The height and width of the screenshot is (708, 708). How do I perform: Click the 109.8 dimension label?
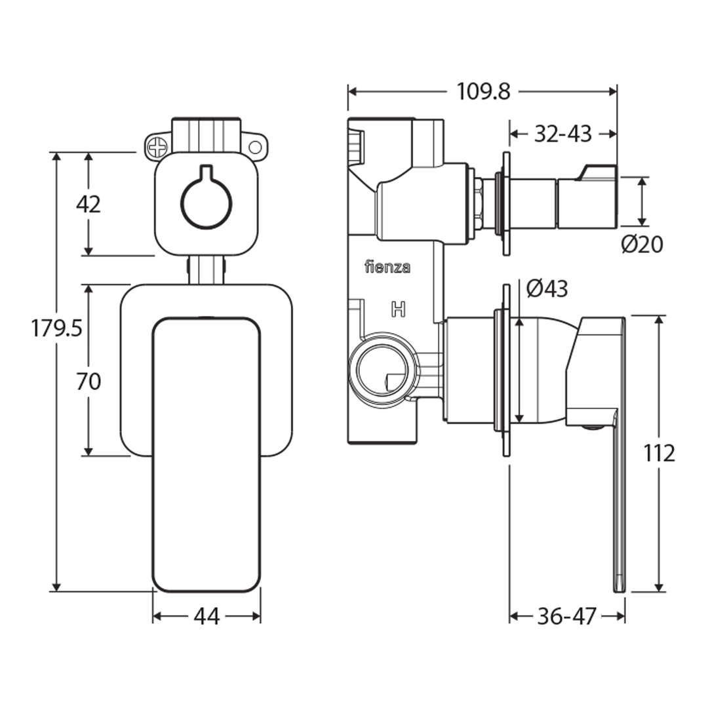pyautogui.click(x=483, y=91)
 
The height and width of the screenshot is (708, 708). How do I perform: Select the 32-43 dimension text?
pyautogui.click(x=562, y=134)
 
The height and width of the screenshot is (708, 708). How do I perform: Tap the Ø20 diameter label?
pyautogui.click(x=642, y=245)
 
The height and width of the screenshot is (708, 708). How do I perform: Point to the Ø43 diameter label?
pyautogui.click(x=547, y=288)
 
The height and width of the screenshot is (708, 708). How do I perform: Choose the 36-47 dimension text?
pyautogui.click(x=566, y=616)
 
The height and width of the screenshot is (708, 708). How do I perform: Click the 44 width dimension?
pyautogui.click(x=206, y=616)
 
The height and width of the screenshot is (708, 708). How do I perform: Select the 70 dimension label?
pyautogui.click(x=88, y=382)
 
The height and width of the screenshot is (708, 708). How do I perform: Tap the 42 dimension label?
pyautogui.click(x=88, y=205)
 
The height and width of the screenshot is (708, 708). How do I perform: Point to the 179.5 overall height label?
pyautogui.click(x=56, y=328)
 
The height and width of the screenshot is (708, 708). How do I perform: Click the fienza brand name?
pyautogui.click(x=387, y=267)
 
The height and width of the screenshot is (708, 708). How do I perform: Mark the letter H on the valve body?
pyautogui.click(x=397, y=309)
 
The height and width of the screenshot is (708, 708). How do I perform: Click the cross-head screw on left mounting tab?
pyautogui.click(x=156, y=147)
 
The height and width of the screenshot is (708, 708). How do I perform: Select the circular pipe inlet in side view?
pyautogui.click(x=382, y=369)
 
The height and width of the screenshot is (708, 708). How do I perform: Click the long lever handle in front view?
pyautogui.click(x=206, y=452)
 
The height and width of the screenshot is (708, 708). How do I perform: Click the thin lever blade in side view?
pyautogui.click(x=619, y=505)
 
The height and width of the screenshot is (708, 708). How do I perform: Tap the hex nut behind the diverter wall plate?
pyautogui.click(x=479, y=203)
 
